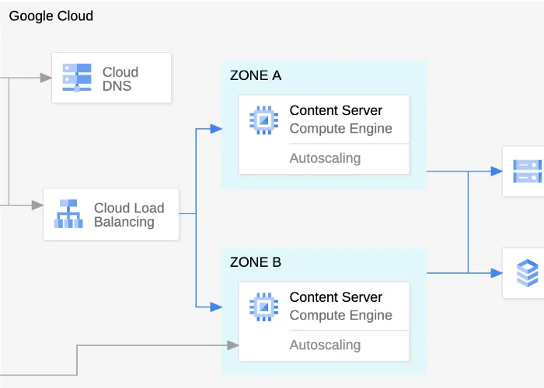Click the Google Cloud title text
tap(51, 16)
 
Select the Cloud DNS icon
tap(77, 78)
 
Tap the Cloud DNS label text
tap(120, 79)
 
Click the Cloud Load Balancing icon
tap(68, 214)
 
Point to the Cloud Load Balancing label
tap(129, 215)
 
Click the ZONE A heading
tap(256, 75)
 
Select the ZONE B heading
tap(256, 262)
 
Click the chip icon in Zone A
tap(263, 120)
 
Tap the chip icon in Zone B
tap(263, 307)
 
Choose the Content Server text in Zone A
tap(336, 111)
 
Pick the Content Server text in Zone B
tap(336, 297)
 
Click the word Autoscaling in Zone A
tap(325, 158)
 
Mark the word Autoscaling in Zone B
tap(325, 345)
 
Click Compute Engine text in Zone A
tap(340, 129)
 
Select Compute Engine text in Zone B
tap(340, 315)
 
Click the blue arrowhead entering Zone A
tap(217, 128)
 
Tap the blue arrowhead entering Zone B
tap(217, 307)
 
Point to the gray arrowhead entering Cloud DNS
tap(46, 78)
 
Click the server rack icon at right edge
tap(526, 171)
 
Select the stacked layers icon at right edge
tap(527, 273)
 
